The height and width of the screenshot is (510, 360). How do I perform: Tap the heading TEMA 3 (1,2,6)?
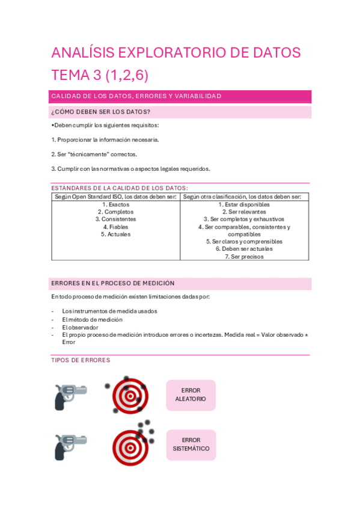point(100,75)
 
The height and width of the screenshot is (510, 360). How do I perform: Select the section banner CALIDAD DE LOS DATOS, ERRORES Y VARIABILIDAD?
point(136,96)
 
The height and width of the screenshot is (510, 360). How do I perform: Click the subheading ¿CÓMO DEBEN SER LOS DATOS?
point(101,112)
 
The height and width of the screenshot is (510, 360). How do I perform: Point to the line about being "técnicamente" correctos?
point(94,154)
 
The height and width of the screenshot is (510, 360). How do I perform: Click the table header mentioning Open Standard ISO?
point(115,197)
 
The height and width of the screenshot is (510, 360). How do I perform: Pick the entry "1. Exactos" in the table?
point(115,204)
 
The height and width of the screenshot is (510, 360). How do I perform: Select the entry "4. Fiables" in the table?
point(115,227)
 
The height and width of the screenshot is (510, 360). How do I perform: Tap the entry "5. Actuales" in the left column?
point(115,234)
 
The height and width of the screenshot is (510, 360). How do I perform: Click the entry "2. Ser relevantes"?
point(244,212)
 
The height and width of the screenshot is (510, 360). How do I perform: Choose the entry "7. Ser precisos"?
point(244,256)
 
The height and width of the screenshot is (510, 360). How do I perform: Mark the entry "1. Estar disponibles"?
point(244,204)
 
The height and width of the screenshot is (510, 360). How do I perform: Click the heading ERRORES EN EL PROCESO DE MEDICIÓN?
point(113,283)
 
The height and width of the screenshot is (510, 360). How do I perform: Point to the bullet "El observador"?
point(80,327)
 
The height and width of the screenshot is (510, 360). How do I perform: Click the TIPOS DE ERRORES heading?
point(81,360)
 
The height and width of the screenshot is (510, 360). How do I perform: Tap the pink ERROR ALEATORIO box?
point(191,395)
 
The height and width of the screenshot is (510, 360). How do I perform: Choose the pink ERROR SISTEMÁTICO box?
point(191,444)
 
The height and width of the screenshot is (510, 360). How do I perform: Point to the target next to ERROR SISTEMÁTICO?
point(130,447)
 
